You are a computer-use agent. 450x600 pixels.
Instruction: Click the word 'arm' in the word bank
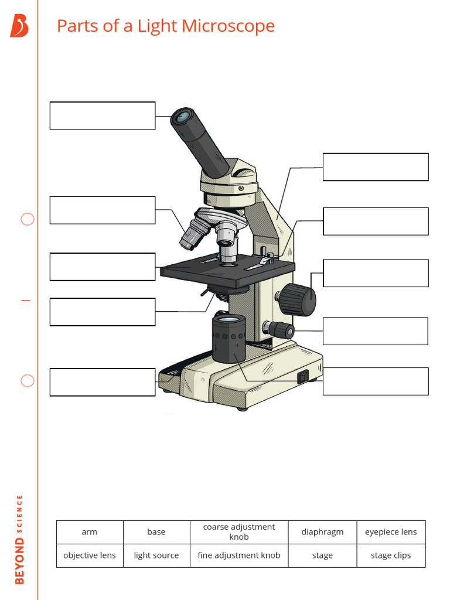coord(90,532)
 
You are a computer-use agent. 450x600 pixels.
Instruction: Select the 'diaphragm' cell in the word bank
coord(322,532)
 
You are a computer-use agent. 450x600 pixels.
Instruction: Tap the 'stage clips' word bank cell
coord(391,555)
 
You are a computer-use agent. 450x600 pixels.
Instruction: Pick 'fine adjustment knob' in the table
coord(239,555)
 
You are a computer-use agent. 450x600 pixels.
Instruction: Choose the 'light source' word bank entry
coord(156,555)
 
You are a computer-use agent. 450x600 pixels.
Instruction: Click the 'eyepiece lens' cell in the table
coord(391,532)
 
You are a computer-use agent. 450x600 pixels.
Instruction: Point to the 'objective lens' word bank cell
coord(90,555)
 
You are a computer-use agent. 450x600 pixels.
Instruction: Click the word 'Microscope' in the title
coord(228,26)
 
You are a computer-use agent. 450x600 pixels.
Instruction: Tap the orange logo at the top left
coord(19,26)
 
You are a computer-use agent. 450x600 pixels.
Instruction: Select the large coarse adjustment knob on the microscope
coord(298,299)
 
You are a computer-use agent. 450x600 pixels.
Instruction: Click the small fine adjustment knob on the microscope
coord(282,329)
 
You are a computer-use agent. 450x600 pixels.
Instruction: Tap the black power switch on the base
coord(302,377)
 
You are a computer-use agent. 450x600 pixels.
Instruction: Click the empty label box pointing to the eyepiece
coord(103,115)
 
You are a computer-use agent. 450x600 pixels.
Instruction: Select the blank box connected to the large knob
coord(376,273)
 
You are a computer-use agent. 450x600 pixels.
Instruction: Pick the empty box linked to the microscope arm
coord(376,167)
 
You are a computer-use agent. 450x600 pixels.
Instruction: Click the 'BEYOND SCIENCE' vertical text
coord(19,539)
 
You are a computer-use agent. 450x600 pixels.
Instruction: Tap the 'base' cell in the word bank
coord(156,532)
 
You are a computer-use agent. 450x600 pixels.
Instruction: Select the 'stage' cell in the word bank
coord(322,555)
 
